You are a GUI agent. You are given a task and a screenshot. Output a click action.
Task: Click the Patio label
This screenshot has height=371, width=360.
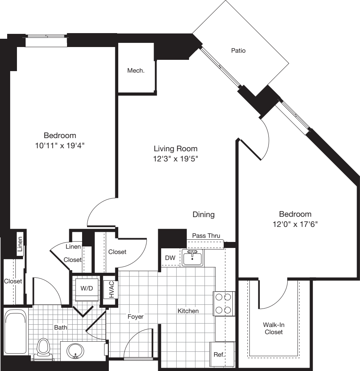238,50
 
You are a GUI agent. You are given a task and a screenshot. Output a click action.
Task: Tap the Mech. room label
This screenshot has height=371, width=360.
136,70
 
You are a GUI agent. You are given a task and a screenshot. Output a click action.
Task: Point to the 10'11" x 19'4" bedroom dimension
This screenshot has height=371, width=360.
60,145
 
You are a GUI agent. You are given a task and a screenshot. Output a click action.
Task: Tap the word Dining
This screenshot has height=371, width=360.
203,214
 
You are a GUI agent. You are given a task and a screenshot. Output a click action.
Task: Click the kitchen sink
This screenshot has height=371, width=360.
192,258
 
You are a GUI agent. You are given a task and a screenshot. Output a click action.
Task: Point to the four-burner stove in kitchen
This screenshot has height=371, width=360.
222,304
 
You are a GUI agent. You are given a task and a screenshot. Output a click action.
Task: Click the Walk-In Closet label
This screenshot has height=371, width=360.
274,328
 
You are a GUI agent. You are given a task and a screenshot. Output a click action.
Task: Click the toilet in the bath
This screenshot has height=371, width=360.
44,349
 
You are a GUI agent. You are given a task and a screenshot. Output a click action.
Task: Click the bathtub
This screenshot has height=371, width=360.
15,331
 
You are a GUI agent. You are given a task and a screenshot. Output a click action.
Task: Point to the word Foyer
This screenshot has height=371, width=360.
136,317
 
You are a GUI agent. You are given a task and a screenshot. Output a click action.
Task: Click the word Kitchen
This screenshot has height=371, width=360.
188,311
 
